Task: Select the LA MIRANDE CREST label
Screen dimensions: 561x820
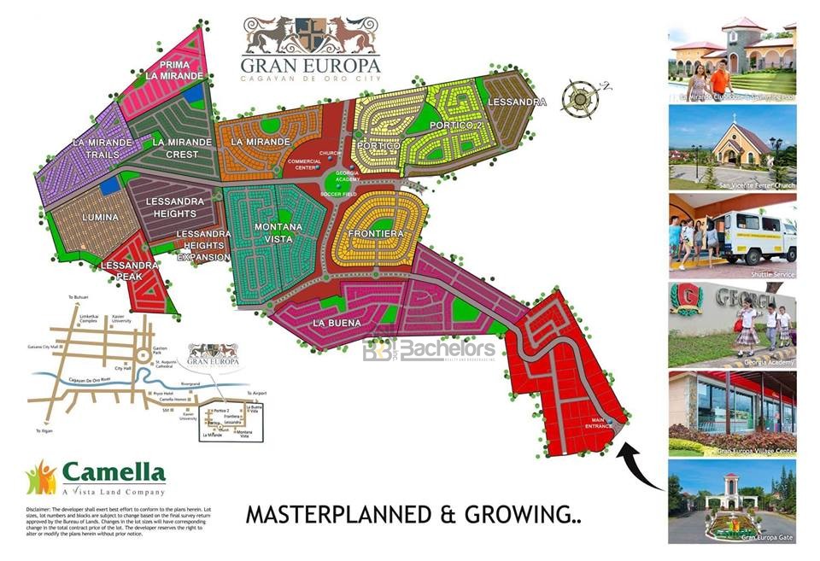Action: (x=182, y=148)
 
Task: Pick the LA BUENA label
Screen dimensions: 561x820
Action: (x=331, y=323)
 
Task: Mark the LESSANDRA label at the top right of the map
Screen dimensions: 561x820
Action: (x=517, y=102)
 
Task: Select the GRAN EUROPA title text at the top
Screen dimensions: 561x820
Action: (x=310, y=66)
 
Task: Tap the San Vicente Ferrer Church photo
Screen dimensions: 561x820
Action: (x=732, y=148)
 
